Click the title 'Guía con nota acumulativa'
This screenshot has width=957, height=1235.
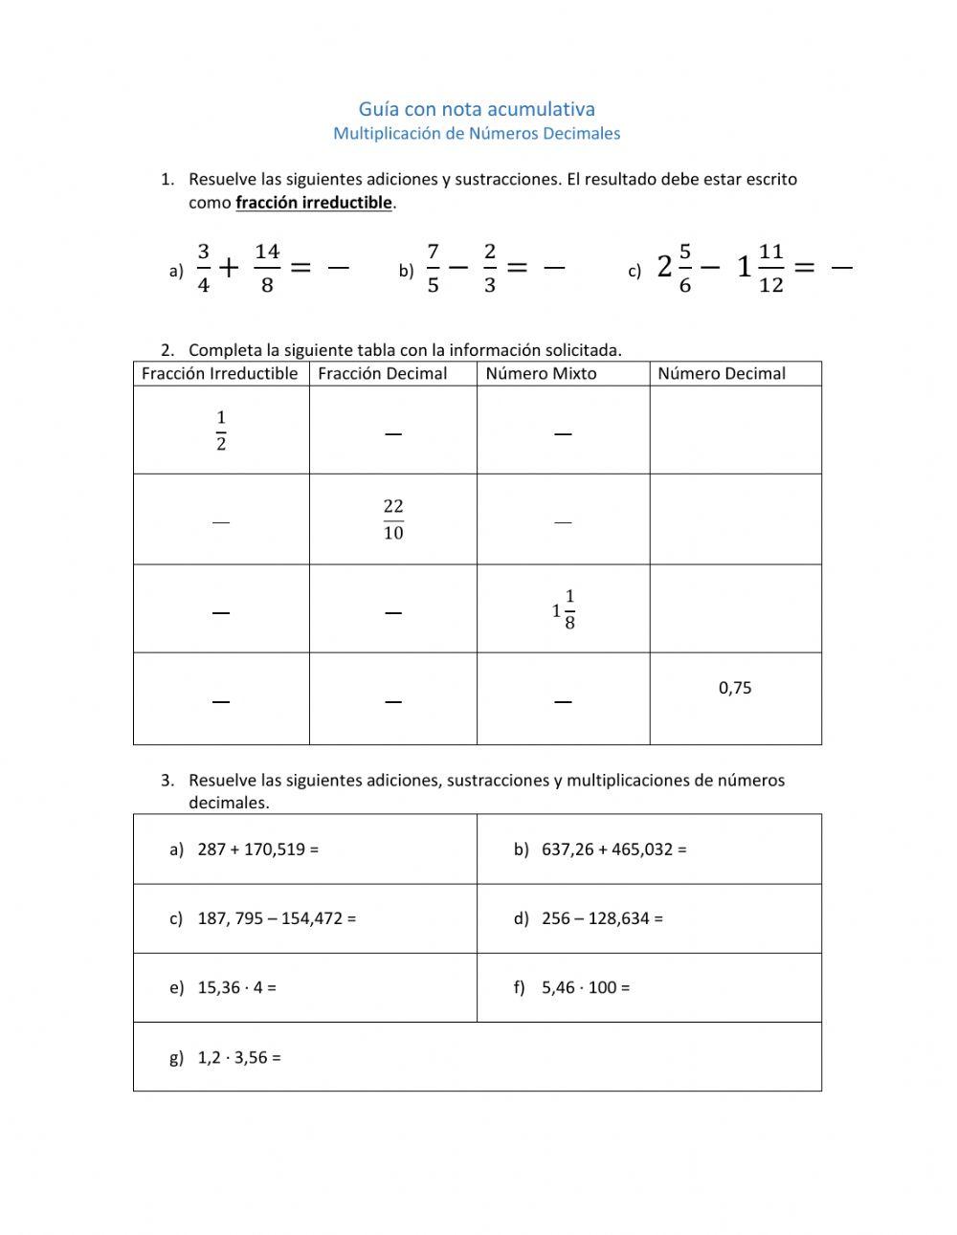[477, 109]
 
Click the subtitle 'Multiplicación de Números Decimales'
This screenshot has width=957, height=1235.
[477, 134]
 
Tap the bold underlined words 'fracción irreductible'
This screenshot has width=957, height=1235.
[314, 203]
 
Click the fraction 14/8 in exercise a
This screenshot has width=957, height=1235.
[267, 269]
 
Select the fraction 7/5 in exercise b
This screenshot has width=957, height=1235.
[433, 269]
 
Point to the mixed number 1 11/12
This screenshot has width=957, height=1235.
[761, 269]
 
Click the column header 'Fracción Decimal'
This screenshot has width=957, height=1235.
[382, 374]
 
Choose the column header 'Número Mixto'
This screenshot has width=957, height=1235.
[541, 374]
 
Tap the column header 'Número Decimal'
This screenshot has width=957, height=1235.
[722, 374]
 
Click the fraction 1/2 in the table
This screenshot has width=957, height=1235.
[221, 430]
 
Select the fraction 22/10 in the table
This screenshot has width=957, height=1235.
[393, 519]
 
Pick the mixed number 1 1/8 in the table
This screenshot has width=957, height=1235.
[564, 609]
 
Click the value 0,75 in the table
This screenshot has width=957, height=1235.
[735, 688]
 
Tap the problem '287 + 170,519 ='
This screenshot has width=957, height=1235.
[257, 849]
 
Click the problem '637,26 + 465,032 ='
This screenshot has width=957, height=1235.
[613, 849]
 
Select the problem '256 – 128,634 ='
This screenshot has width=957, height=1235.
[602, 918]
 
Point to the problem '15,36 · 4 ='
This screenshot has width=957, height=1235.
[236, 988]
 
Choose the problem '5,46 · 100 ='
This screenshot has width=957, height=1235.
[586, 988]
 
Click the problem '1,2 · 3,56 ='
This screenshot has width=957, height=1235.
[239, 1058]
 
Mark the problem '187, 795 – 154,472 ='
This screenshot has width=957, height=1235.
[277, 918]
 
